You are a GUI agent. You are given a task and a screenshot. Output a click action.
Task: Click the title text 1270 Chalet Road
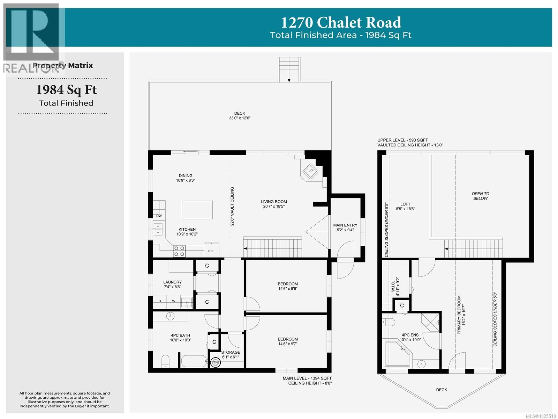pos(341,22)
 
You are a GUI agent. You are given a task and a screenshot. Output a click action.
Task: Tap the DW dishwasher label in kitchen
pos(159,216)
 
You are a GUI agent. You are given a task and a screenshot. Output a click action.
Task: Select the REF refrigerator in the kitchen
pos(211,251)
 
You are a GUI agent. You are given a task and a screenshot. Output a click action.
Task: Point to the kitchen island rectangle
pos(197,210)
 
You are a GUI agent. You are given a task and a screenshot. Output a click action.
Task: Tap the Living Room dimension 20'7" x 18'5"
pos(274,207)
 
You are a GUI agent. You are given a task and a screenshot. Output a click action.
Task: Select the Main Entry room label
pos(345,225)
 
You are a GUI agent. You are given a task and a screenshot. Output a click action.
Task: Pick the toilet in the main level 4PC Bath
pos(165,361)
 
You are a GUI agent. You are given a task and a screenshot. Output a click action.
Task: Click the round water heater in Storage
pos(216,363)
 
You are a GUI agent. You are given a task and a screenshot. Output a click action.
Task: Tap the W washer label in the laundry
pos(173,301)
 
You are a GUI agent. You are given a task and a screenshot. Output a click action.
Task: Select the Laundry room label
pos(172,282)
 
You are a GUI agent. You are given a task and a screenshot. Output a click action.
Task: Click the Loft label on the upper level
pos(405,204)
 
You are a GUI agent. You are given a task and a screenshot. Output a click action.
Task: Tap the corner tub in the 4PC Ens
pos(398,353)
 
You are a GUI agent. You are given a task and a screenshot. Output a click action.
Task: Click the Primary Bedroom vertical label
pos(459,315)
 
